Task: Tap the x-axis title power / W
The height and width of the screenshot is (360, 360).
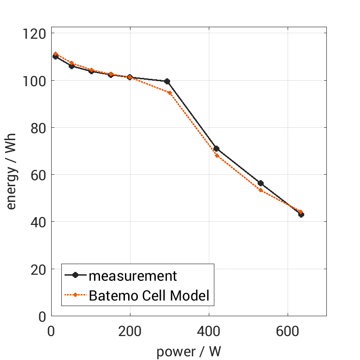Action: (189, 352)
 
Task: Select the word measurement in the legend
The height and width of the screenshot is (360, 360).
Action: (133, 276)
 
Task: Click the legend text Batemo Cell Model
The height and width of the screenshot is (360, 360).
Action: (149, 295)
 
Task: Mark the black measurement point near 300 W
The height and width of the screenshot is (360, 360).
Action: (167, 82)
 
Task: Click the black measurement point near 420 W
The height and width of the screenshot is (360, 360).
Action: (216, 149)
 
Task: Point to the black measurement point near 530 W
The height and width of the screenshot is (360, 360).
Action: (260, 183)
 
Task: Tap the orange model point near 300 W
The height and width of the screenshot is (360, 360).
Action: (170, 93)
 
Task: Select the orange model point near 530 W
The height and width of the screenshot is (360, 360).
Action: (260, 190)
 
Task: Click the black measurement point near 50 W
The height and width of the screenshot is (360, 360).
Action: (71, 66)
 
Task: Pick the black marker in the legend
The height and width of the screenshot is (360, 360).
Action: (76, 276)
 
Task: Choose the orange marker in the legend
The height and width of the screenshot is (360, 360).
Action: (76, 295)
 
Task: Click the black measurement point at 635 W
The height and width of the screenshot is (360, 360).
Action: (301, 214)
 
